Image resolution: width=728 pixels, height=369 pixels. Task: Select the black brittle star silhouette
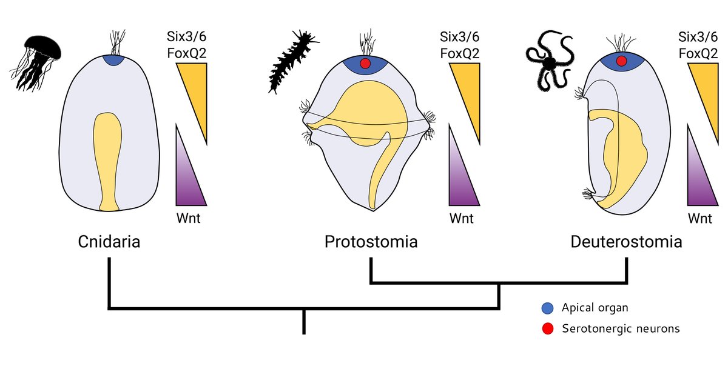point(549,61)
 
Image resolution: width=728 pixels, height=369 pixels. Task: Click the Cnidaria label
point(109,242)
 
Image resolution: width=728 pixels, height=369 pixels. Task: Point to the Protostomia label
point(371,242)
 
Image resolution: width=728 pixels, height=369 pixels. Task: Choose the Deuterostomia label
point(626,242)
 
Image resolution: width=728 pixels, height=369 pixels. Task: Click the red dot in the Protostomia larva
point(365,64)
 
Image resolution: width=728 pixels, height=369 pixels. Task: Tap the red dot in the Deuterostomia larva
point(621,61)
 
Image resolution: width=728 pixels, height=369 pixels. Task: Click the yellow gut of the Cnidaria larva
point(107,158)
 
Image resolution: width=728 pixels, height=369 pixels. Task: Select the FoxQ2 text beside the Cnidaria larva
point(187,53)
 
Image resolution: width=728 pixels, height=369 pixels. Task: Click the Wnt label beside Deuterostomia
point(701,218)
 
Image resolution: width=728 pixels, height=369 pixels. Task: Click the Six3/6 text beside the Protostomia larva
point(459,37)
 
